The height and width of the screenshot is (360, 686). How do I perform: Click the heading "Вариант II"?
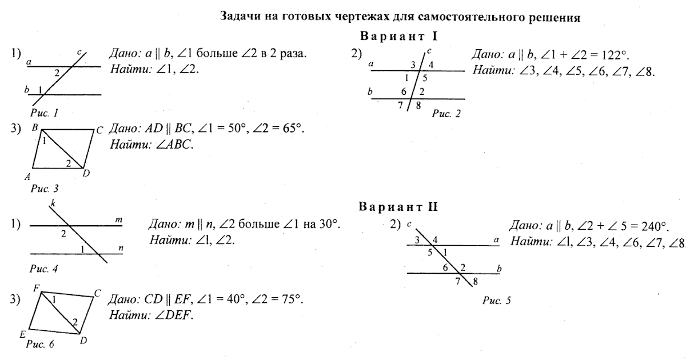[398, 207]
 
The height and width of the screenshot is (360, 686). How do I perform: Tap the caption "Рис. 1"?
[45, 113]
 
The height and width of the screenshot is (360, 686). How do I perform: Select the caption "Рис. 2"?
[446, 114]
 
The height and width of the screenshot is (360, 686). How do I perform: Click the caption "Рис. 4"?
[43, 267]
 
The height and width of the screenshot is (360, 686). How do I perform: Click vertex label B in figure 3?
[35, 129]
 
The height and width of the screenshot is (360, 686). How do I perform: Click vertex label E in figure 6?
[22, 334]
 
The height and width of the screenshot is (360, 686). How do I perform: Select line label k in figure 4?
[53, 203]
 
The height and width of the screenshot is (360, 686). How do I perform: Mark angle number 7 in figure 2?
[401, 105]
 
